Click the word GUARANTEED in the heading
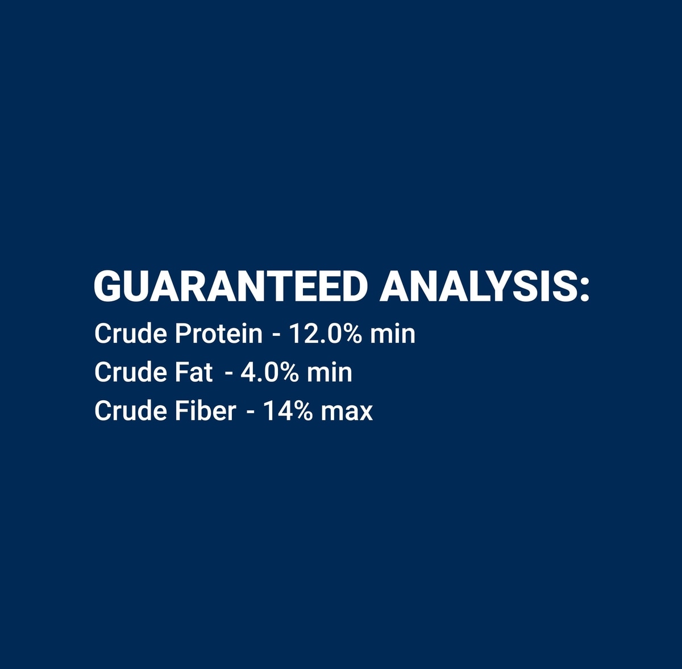click(x=231, y=286)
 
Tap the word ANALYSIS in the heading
click(x=479, y=286)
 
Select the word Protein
click(x=219, y=334)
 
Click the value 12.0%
click(x=326, y=334)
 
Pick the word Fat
click(x=194, y=372)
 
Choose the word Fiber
click(x=206, y=410)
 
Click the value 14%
click(x=288, y=410)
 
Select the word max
click(x=347, y=413)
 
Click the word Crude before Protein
click(x=131, y=334)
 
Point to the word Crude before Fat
click(x=131, y=372)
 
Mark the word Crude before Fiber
click(x=131, y=410)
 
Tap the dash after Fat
click(x=229, y=375)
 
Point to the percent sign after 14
click(x=303, y=410)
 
